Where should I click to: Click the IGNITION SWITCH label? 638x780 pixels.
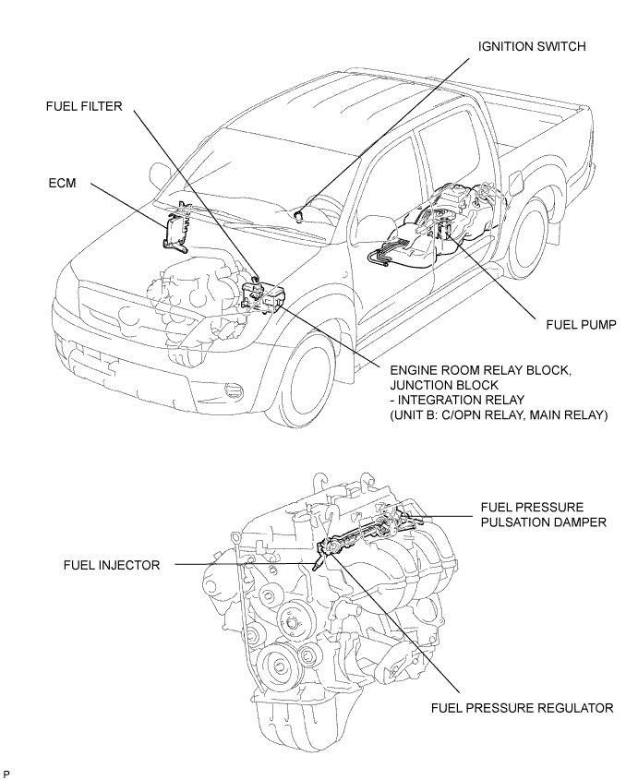click(532, 46)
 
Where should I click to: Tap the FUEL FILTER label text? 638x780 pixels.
click(84, 106)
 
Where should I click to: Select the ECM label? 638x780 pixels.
click(62, 183)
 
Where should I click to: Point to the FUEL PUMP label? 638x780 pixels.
click(582, 324)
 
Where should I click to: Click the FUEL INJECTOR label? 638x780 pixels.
click(112, 565)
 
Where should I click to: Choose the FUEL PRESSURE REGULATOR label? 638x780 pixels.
click(522, 707)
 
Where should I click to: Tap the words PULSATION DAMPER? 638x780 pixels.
click(544, 522)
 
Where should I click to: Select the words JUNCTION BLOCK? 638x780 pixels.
click(444, 385)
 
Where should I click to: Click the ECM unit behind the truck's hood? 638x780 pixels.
click(175, 227)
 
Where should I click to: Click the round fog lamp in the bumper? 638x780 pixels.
click(234, 390)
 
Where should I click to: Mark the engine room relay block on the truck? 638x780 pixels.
click(262, 296)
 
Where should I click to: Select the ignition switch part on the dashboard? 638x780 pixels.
click(298, 216)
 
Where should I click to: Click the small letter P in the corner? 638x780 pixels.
click(6, 774)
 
